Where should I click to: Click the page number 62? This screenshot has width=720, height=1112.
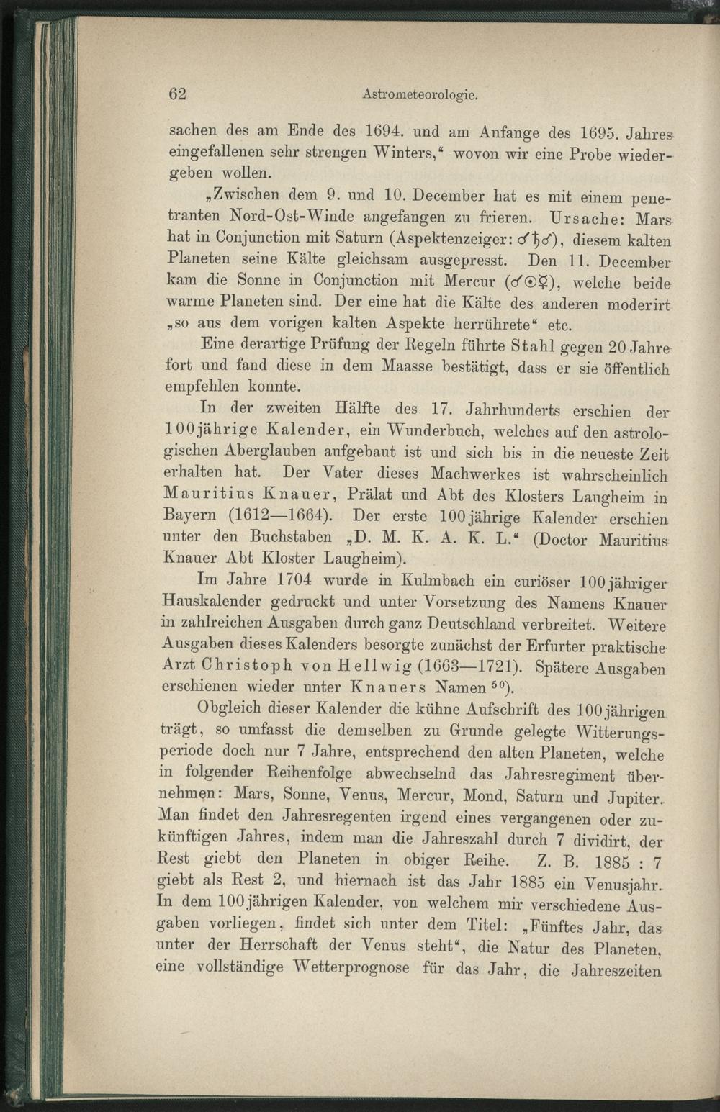click(x=177, y=94)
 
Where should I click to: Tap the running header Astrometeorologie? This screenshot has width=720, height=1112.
click(x=420, y=94)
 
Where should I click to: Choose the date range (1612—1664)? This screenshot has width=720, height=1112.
click(x=280, y=516)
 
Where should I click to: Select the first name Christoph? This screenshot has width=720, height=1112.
click(x=240, y=665)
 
